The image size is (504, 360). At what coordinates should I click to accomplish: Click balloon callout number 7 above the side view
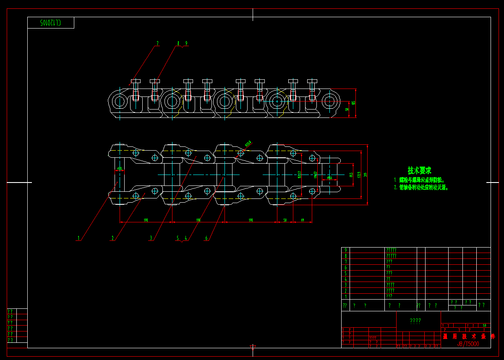coord(157,43)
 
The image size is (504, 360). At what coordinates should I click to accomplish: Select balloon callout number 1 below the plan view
coord(78,238)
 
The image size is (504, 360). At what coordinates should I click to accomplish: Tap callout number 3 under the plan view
coord(151,238)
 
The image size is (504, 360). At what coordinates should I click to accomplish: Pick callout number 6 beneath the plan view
coord(206,238)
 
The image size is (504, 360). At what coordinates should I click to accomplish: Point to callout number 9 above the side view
coord(186,43)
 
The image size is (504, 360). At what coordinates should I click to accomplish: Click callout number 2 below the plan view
coord(112,238)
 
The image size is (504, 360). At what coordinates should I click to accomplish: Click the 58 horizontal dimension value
coord(285,220)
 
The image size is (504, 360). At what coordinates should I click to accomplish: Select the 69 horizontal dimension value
coord(302,220)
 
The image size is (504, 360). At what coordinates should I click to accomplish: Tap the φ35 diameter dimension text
coord(120,169)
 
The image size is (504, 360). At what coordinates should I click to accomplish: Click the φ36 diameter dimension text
coord(329,178)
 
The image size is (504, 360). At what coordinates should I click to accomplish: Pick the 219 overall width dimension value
coord(365,175)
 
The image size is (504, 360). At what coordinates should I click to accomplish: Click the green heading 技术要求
coord(419,170)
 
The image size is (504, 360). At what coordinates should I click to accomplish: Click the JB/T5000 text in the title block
coord(468,344)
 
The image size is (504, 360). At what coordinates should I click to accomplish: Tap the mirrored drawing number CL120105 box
coord(51,23)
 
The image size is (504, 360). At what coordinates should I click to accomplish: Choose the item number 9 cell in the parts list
coord(346,250)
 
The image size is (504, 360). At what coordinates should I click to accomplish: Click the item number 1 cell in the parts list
coord(346,296)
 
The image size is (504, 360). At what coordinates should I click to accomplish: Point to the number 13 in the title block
coord(485,325)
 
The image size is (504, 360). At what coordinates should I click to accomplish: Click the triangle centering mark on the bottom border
coord(253,347)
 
